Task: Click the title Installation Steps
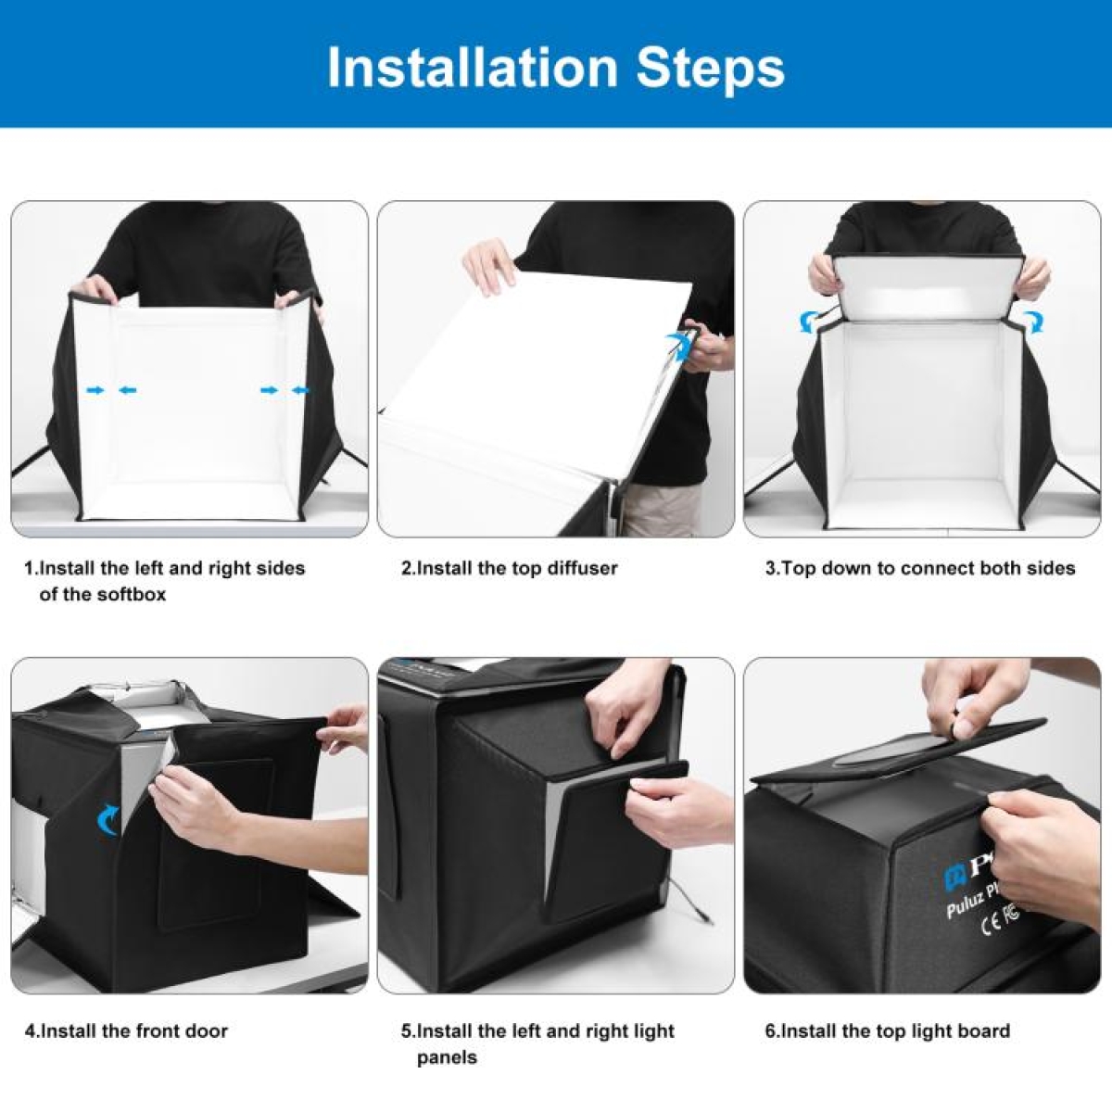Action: [556, 67]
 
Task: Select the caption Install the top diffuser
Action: [509, 568]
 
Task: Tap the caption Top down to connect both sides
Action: [920, 568]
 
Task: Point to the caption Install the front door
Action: [126, 1030]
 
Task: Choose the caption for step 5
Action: [537, 1043]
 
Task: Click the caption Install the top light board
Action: [887, 1030]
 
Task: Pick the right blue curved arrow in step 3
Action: [1033, 322]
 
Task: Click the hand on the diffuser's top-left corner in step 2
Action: [488, 264]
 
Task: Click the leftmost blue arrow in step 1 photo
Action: [95, 391]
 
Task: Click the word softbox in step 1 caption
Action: [135, 594]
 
